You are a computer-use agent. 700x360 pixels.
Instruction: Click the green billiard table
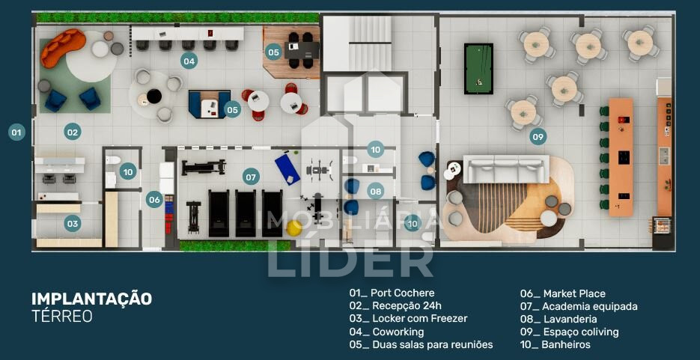[x=478, y=69]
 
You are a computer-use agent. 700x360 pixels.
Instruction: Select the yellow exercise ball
[x=294, y=228]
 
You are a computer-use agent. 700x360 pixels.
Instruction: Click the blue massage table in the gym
[x=287, y=168]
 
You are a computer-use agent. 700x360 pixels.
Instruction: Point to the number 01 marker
[x=16, y=132]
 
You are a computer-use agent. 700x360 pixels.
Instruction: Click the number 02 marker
[x=73, y=132]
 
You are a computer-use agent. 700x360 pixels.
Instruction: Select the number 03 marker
[x=73, y=223]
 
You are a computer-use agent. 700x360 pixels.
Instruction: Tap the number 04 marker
[x=189, y=61]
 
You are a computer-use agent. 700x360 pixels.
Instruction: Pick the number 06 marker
[x=154, y=199]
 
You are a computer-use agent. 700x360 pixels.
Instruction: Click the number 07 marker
[x=251, y=177]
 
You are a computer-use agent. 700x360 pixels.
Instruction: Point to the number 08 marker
[x=375, y=192]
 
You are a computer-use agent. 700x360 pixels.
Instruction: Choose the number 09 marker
[x=538, y=136]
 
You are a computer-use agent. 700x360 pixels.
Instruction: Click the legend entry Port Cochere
[x=392, y=293]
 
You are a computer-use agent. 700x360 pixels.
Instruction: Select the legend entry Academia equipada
[x=579, y=306]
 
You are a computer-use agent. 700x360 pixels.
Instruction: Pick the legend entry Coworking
[x=386, y=332]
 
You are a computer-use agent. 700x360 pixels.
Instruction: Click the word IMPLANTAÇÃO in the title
[x=92, y=299]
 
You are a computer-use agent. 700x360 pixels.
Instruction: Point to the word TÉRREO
[x=62, y=316]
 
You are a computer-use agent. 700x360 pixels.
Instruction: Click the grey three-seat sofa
[x=506, y=169]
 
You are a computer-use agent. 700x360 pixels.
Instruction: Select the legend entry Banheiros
[x=555, y=344]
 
